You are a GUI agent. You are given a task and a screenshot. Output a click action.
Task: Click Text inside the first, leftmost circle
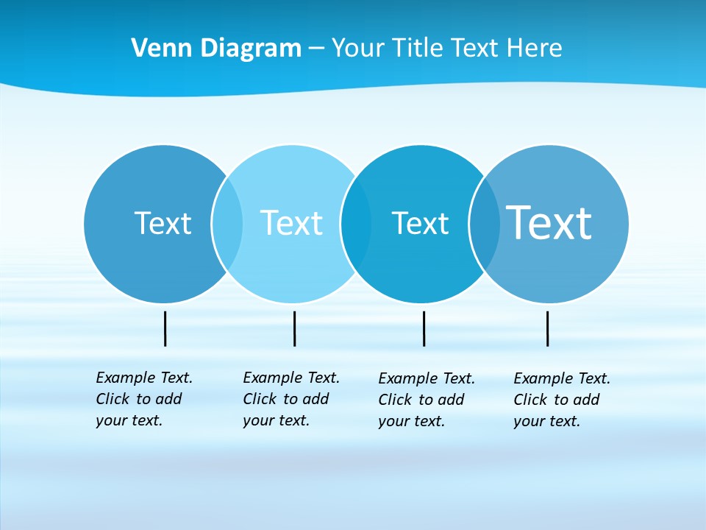tap(163, 223)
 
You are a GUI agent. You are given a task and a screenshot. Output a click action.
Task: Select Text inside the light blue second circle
tap(291, 223)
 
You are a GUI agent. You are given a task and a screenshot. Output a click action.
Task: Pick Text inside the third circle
tap(420, 223)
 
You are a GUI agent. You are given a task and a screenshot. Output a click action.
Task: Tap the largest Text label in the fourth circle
tap(549, 222)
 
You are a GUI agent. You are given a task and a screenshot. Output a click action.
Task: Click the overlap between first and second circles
tap(227, 223)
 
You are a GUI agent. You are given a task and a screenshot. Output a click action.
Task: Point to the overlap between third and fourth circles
tap(484, 223)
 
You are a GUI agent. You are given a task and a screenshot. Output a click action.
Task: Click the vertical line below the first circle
tap(165, 328)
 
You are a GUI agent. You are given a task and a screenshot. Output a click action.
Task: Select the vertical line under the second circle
tap(294, 328)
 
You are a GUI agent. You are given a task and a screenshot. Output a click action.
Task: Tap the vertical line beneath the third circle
tap(424, 328)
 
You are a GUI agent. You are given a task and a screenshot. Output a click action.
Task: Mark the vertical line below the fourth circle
tap(547, 328)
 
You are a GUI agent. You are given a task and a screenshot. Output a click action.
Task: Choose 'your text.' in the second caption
tap(276, 420)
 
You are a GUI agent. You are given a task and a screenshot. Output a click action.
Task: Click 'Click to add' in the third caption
tap(421, 400)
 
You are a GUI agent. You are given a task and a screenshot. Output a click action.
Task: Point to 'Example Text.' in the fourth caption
tap(562, 378)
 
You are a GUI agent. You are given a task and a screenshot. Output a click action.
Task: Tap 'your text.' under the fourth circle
tap(546, 421)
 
